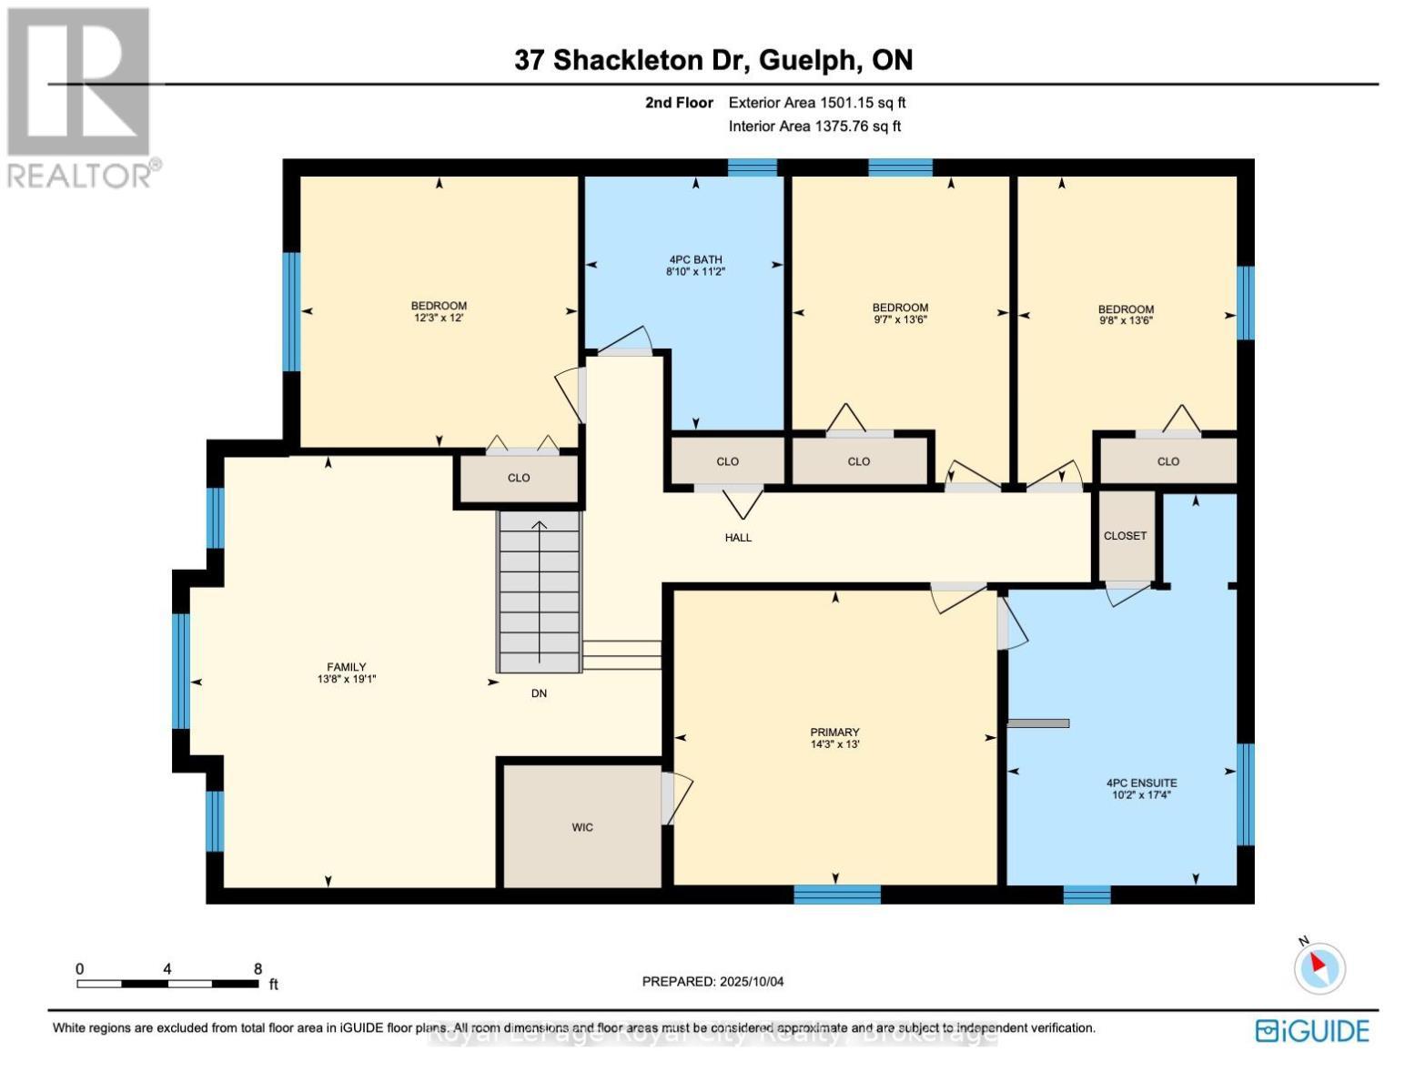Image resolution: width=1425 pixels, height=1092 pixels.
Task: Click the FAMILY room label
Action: coord(347,667)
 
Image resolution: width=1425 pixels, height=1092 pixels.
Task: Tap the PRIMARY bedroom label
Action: coord(834,733)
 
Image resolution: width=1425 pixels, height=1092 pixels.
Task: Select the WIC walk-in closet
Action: coord(582,827)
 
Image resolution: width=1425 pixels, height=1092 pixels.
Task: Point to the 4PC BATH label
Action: coord(695,259)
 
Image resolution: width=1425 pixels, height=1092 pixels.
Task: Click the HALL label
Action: coord(738,538)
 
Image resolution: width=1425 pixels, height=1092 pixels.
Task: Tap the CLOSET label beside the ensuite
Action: coord(1125,536)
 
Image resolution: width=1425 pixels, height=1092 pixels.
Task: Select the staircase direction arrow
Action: coord(540,591)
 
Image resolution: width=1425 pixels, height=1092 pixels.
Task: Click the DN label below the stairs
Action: coord(539,693)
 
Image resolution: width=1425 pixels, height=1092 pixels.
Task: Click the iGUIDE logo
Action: coord(1312,1031)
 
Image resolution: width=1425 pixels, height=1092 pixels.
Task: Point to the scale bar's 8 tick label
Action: coord(258,969)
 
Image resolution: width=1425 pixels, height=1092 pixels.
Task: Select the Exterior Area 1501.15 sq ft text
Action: coord(817,103)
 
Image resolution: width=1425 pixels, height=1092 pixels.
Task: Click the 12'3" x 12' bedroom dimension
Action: coord(439,318)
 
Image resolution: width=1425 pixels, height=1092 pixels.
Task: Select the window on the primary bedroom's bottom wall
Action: coord(836,895)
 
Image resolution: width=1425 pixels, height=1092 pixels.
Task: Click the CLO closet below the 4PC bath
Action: coord(727,461)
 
